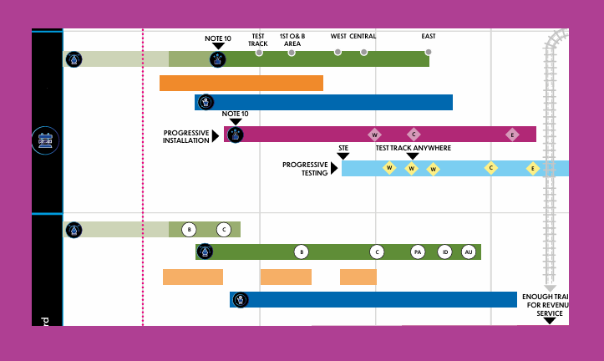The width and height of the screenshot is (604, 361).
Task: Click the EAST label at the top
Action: (429, 36)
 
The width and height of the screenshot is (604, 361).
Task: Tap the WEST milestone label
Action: (338, 36)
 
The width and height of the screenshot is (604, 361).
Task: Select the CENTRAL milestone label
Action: (363, 36)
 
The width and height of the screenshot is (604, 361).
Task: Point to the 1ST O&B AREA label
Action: (292, 40)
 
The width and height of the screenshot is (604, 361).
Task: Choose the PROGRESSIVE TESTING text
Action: (305, 169)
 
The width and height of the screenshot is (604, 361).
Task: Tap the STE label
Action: (343, 148)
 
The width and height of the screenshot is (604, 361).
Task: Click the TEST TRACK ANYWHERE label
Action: (413, 148)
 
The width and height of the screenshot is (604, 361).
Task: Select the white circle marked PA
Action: (418, 252)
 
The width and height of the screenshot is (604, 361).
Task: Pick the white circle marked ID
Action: (444, 252)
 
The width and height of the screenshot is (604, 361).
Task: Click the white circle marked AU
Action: (468, 252)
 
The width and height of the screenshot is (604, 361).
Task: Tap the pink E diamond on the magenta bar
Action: (512, 135)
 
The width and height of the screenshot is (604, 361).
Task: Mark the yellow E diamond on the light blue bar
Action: (532, 168)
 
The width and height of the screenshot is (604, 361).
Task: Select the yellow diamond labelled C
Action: (491, 168)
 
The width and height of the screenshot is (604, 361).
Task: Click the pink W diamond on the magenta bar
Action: (375, 135)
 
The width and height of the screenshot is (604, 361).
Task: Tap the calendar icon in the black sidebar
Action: (45, 140)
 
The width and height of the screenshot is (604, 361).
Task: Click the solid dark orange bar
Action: (241, 83)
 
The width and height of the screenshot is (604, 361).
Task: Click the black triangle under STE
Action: (343, 155)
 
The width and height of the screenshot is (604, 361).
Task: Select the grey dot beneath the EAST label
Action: (429, 52)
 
